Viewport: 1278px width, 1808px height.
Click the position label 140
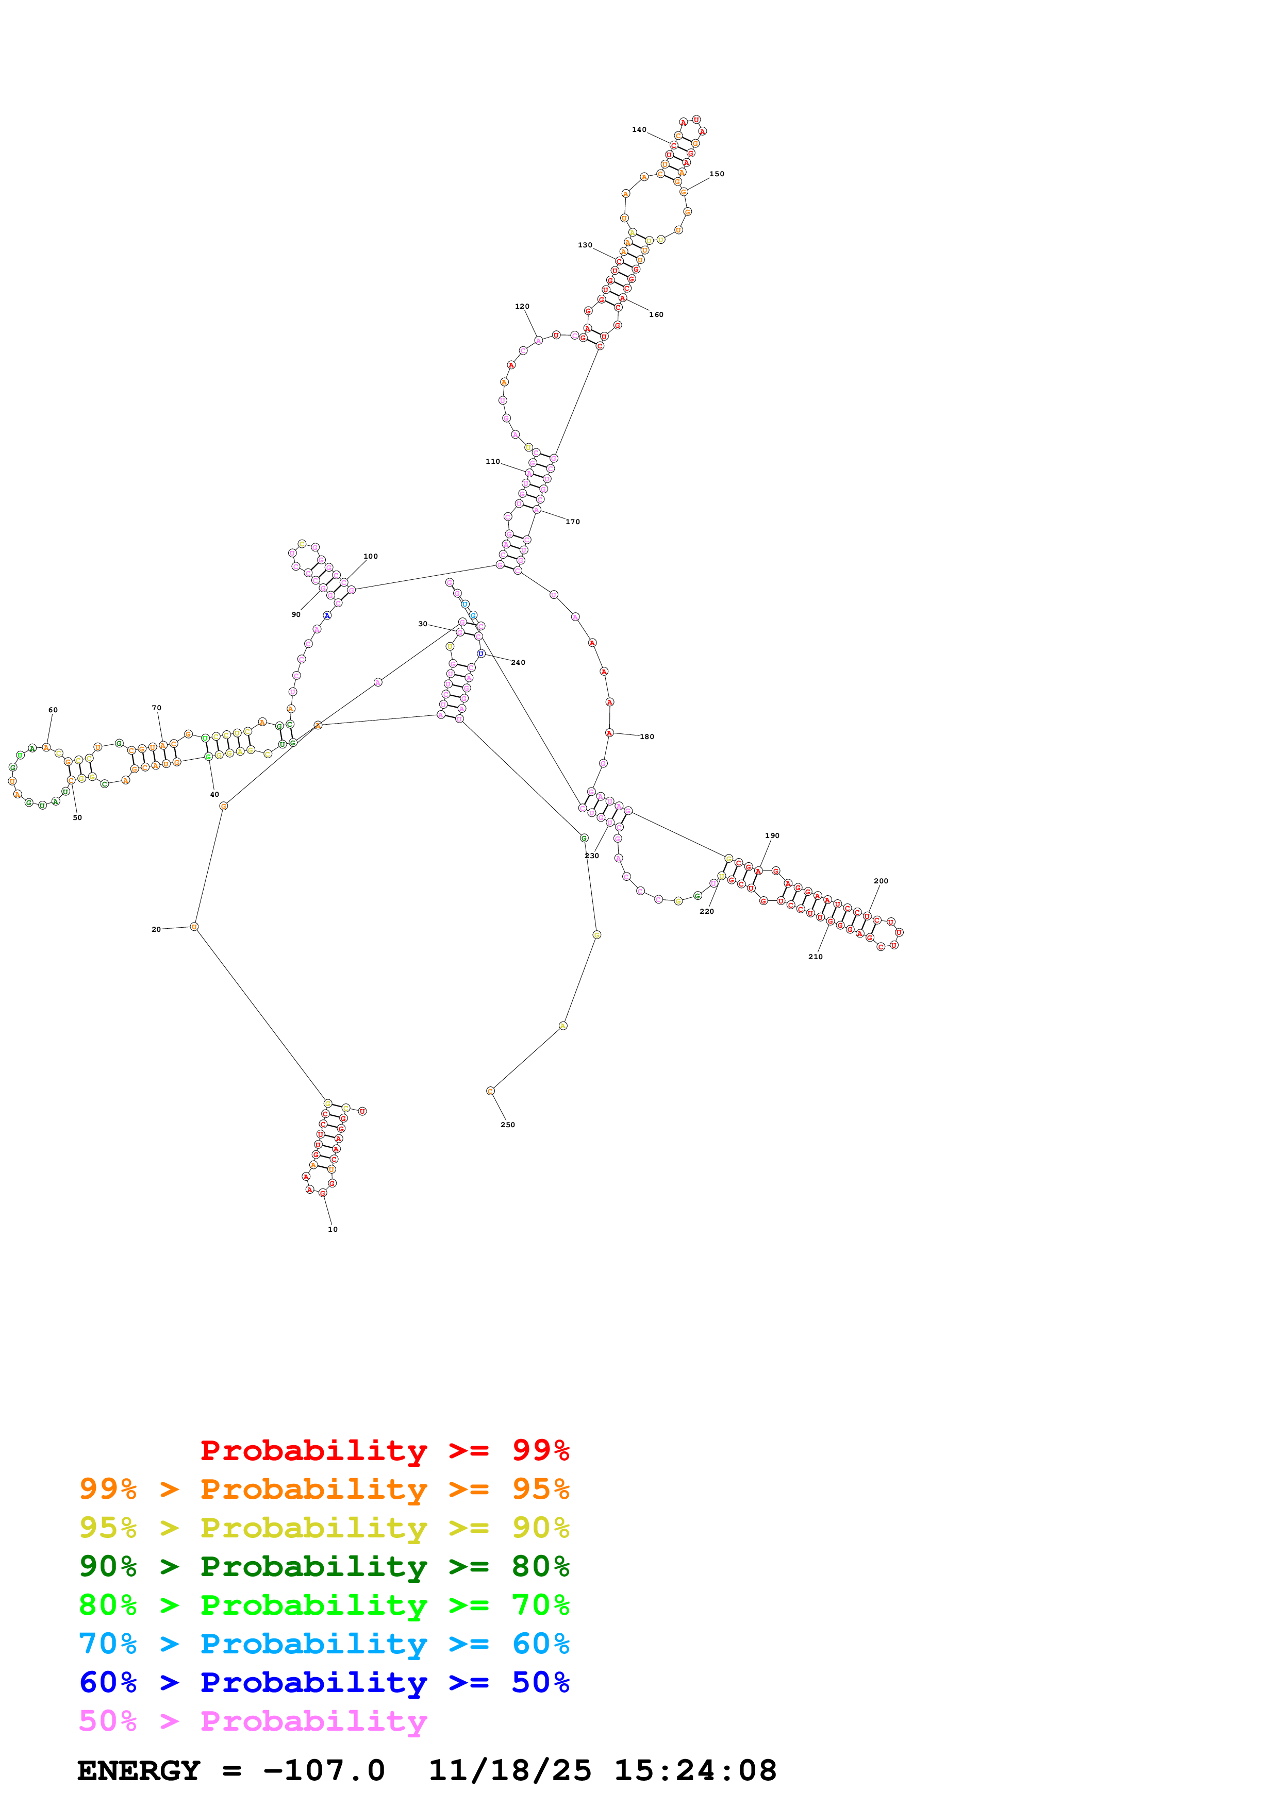click(x=639, y=130)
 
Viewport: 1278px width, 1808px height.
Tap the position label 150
click(x=717, y=174)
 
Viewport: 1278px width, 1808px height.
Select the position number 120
click(x=522, y=306)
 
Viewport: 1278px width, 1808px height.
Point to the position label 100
click(x=370, y=556)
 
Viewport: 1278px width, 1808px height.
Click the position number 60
click(x=53, y=710)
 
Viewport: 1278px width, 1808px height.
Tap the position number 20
click(x=156, y=929)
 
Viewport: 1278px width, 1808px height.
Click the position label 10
click(x=333, y=1229)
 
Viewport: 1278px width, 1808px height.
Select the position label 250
click(x=508, y=1125)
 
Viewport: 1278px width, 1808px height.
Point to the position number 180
click(x=646, y=736)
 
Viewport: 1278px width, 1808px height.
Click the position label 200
click(x=881, y=881)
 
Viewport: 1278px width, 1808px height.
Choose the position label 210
click(x=815, y=957)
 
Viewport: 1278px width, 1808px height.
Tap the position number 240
click(x=518, y=662)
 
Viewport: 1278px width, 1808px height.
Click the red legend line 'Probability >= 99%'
click(x=384, y=1450)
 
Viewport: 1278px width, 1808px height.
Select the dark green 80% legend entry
click(x=324, y=1566)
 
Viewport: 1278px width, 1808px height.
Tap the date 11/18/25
click(x=509, y=1771)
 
